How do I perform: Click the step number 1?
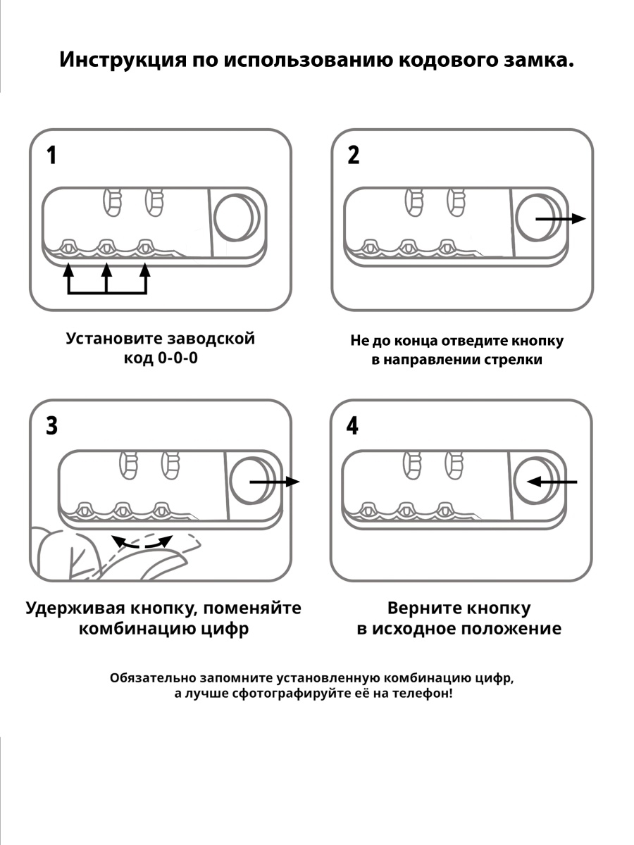51,155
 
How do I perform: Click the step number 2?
353,155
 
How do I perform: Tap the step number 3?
51,426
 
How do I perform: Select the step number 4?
352,425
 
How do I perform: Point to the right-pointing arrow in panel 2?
561,218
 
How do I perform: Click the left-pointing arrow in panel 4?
552,482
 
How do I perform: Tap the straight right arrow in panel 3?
275,482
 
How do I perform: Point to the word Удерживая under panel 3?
75,608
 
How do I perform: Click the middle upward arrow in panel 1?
106,277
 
